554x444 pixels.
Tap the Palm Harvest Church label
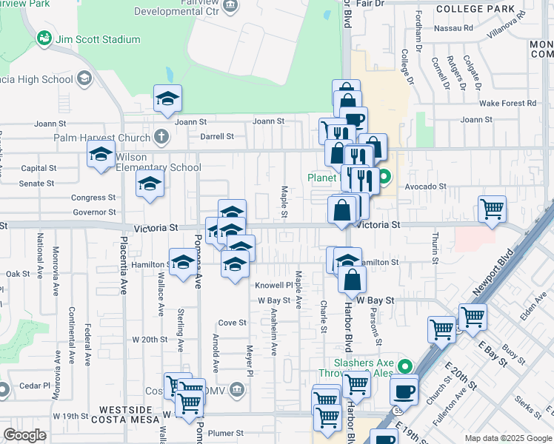pos(101,137)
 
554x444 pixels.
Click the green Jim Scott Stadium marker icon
pos(44,38)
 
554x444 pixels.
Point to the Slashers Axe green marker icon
pos(404,366)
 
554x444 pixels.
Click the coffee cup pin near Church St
pos(404,390)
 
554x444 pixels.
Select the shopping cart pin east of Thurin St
pos(492,211)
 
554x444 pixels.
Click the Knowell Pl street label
pos(274,285)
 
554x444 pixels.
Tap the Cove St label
pos(233,323)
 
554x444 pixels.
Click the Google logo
pos(24,435)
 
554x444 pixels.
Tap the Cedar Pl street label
pos(35,386)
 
